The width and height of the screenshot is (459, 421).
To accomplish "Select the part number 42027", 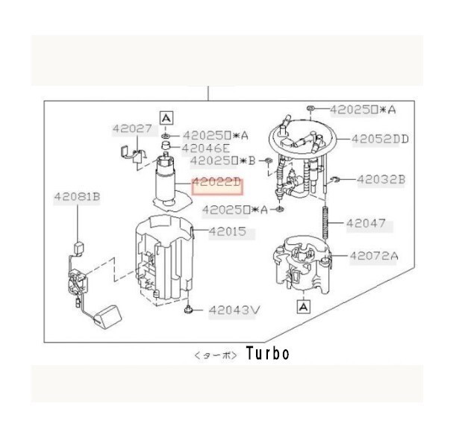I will [132, 128].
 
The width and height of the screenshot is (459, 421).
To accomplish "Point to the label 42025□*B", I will [223, 160].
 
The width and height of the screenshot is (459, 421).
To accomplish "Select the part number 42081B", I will [76, 197].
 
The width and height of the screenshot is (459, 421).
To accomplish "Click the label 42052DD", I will [380, 139].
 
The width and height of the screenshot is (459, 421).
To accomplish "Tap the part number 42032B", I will [380, 179].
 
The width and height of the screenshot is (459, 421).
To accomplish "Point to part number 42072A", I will [375, 256].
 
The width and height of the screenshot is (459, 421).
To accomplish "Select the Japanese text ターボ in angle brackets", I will [215, 355].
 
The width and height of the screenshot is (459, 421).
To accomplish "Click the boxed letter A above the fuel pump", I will [166, 117].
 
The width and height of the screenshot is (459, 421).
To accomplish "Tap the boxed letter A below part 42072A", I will [304, 305].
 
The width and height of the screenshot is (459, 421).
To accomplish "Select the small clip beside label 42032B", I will [337, 178].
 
